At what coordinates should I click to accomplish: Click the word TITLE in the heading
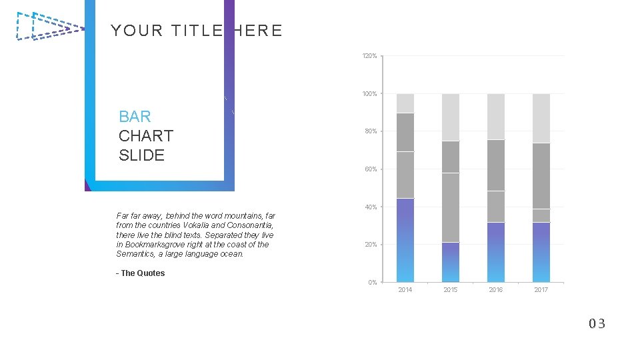197,31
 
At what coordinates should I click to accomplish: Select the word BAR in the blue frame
135,117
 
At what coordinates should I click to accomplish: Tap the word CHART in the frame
146,136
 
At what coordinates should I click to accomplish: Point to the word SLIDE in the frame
141,155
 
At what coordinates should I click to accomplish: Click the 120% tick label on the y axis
369,56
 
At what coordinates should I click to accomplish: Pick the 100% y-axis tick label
369,94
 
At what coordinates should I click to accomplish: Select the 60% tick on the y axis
371,169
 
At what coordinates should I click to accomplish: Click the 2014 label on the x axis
405,290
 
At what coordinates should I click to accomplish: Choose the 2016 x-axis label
496,290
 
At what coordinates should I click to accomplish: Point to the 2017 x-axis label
541,290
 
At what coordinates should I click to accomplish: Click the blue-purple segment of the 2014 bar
405,240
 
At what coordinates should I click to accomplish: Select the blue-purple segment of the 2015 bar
451,262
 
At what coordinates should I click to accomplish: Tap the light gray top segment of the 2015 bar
451,117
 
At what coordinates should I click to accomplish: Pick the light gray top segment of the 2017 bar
541,118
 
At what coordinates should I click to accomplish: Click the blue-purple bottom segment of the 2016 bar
496,252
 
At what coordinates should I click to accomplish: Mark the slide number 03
597,324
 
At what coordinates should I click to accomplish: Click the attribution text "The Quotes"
143,273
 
